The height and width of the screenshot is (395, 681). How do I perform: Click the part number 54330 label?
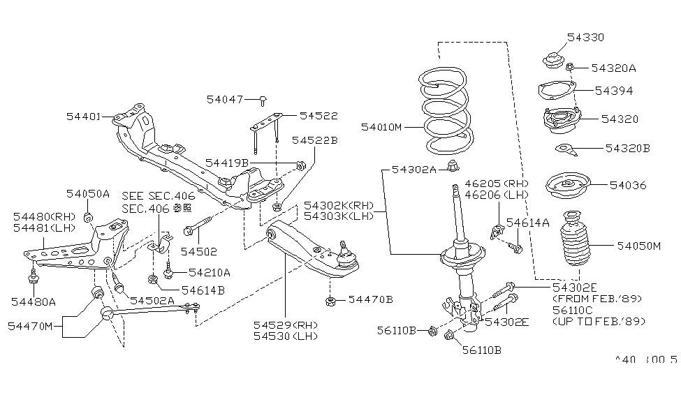(585, 37)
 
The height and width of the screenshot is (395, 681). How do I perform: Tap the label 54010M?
(382, 127)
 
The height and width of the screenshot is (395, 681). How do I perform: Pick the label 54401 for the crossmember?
(83, 117)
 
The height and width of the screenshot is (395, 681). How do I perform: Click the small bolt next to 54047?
(263, 100)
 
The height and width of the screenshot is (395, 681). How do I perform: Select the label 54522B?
(315, 140)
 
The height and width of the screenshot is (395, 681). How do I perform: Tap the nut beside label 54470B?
(331, 300)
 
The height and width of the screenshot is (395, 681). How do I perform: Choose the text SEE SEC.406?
(158, 196)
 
